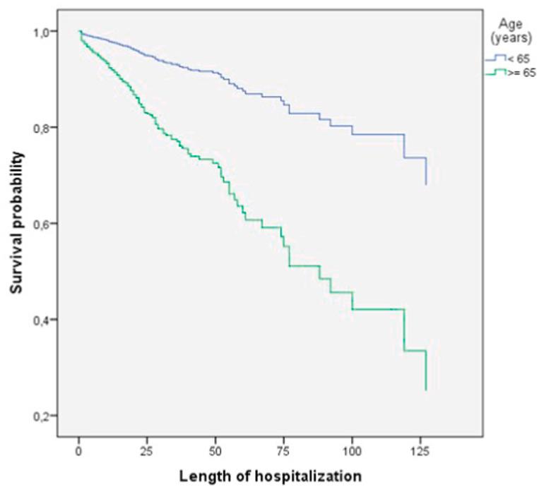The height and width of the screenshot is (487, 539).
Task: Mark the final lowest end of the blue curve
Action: [426, 184]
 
